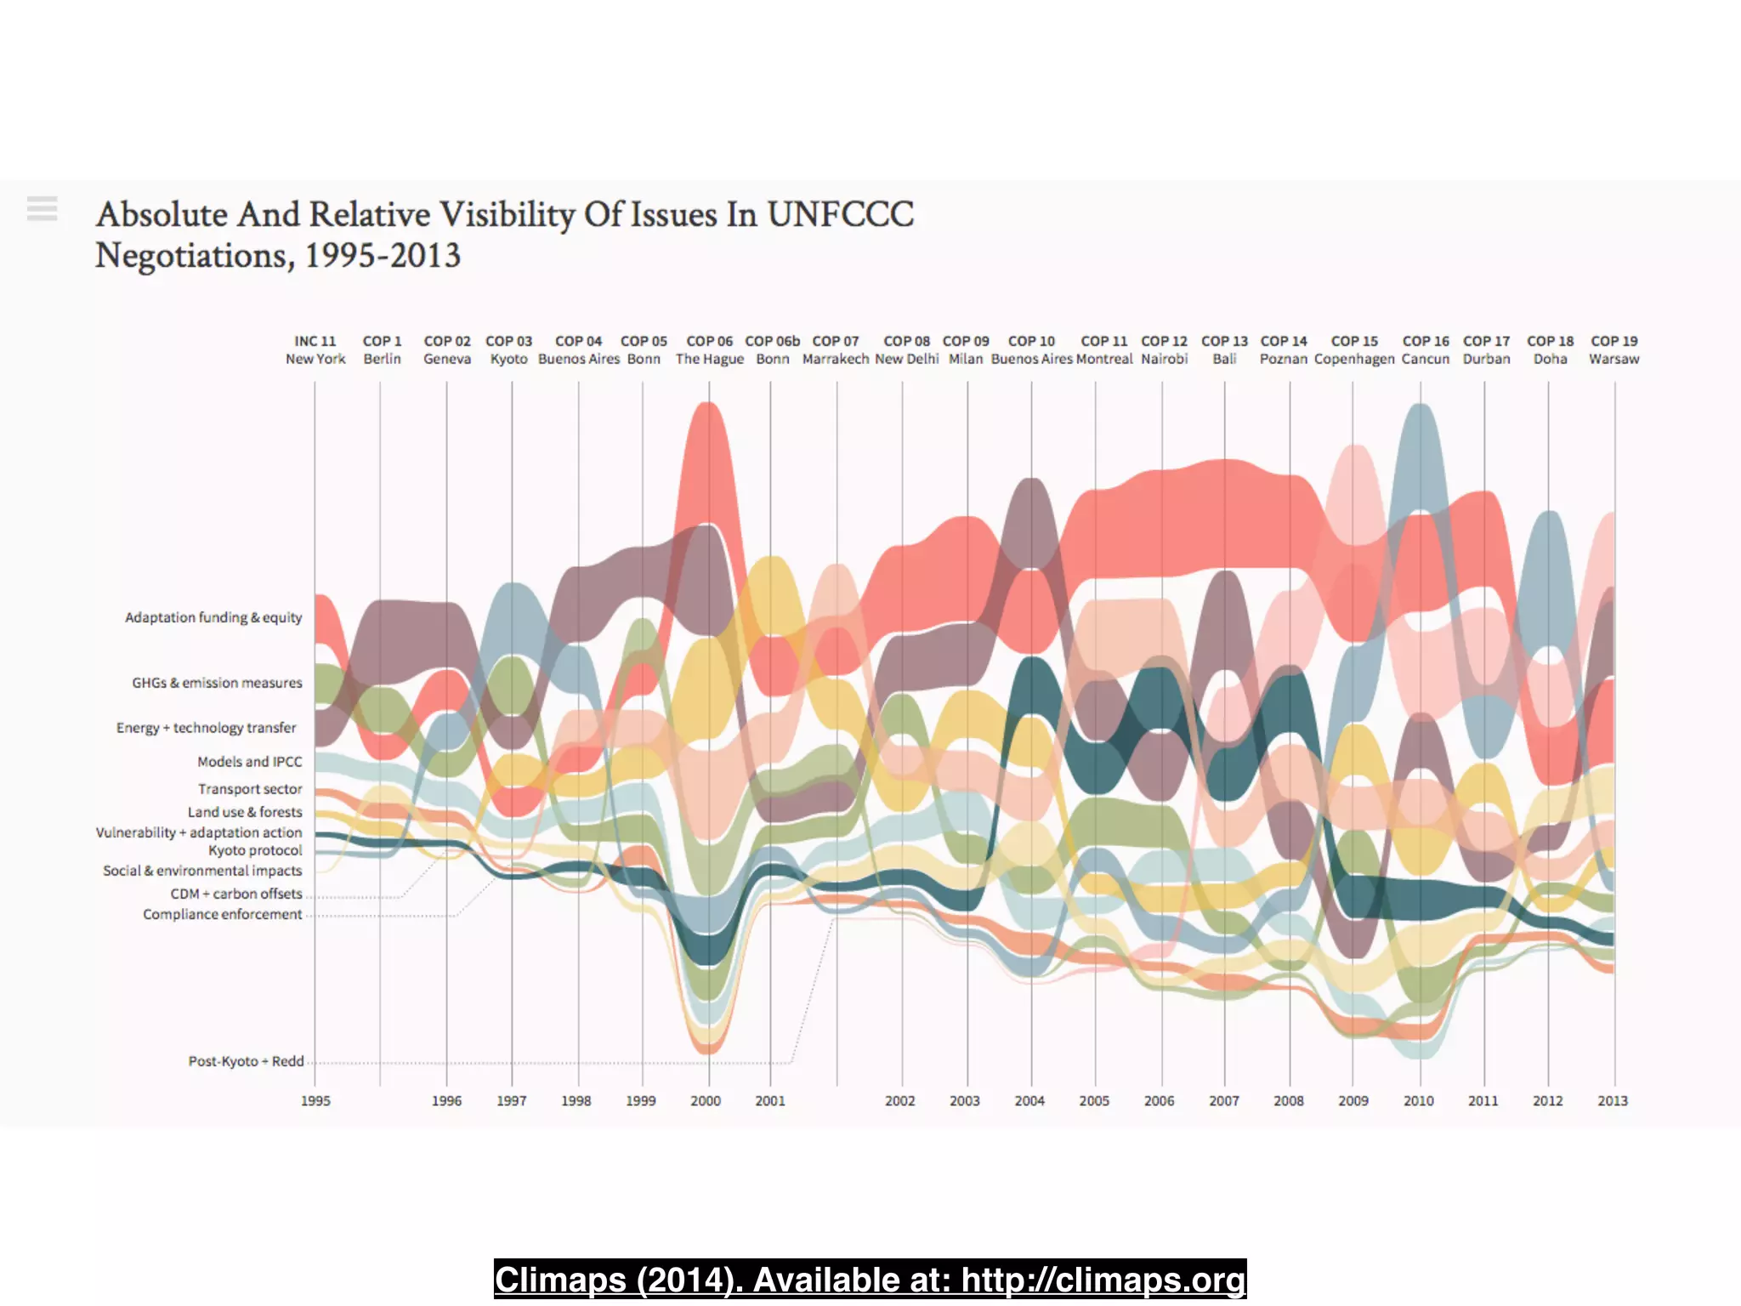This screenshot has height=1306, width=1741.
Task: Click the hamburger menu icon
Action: (x=42, y=208)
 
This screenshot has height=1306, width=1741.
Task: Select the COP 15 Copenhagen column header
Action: (x=1354, y=349)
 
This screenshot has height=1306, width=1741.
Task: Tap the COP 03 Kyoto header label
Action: (x=508, y=349)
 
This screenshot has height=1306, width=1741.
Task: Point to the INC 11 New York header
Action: (x=315, y=349)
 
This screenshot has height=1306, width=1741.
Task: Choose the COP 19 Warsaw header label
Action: (x=1613, y=349)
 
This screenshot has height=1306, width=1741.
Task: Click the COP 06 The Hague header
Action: (x=709, y=349)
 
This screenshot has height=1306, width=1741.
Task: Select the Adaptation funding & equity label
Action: (x=213, y=617)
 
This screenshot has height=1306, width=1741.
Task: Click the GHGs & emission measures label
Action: (x=217, y=683)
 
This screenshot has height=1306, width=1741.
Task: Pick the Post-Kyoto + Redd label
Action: (x=246, y=1061)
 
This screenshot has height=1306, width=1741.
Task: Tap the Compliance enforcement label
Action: (x=222, y=914)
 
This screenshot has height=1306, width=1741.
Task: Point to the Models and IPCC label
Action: (x=249, y=762)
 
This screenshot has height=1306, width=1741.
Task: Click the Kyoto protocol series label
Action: (x=255, y=850)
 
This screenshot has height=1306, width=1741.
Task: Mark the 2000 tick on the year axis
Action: (x=706, y=1100)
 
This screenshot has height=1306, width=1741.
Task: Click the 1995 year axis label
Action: (x=315, y=1100)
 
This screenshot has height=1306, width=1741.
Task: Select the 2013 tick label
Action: (x=1612, y=1100)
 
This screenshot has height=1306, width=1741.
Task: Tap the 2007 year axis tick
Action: (x=1223, y=1100)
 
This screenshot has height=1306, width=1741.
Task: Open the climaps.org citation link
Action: (x=870, y=1280)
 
